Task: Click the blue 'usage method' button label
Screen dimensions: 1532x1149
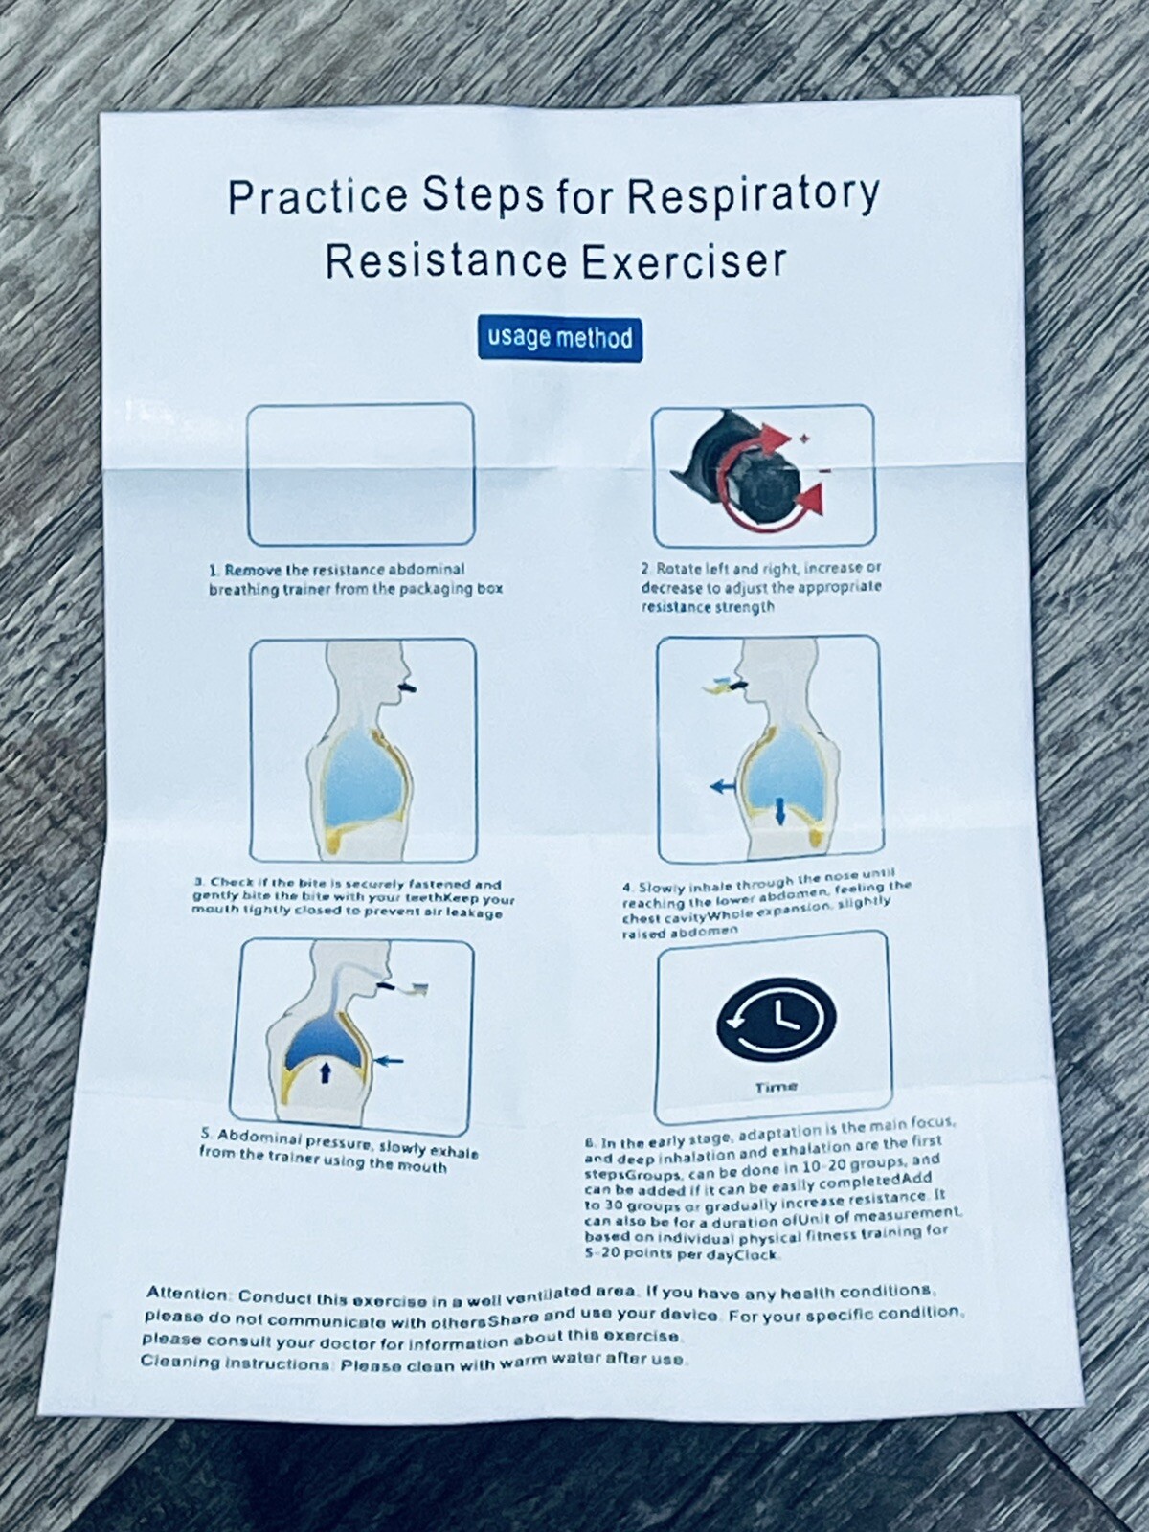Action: click(x=559, y=338)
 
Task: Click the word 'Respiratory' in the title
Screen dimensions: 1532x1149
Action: click(x=752, y=196)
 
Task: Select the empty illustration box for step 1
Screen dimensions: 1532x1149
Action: click(x=361, y=475)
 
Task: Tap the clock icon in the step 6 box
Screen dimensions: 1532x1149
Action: click(x=776, y=1020)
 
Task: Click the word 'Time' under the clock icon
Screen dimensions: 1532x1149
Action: click(x=776, y=1087)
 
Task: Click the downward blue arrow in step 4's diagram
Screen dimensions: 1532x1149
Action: click(x=779, y=812)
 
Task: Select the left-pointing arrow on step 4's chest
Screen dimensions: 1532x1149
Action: click(x=723, y=785)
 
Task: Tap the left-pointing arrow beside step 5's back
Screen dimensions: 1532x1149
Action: click(x=391, y=1060)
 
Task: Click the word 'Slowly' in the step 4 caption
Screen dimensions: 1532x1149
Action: click(x=661, y=888)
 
